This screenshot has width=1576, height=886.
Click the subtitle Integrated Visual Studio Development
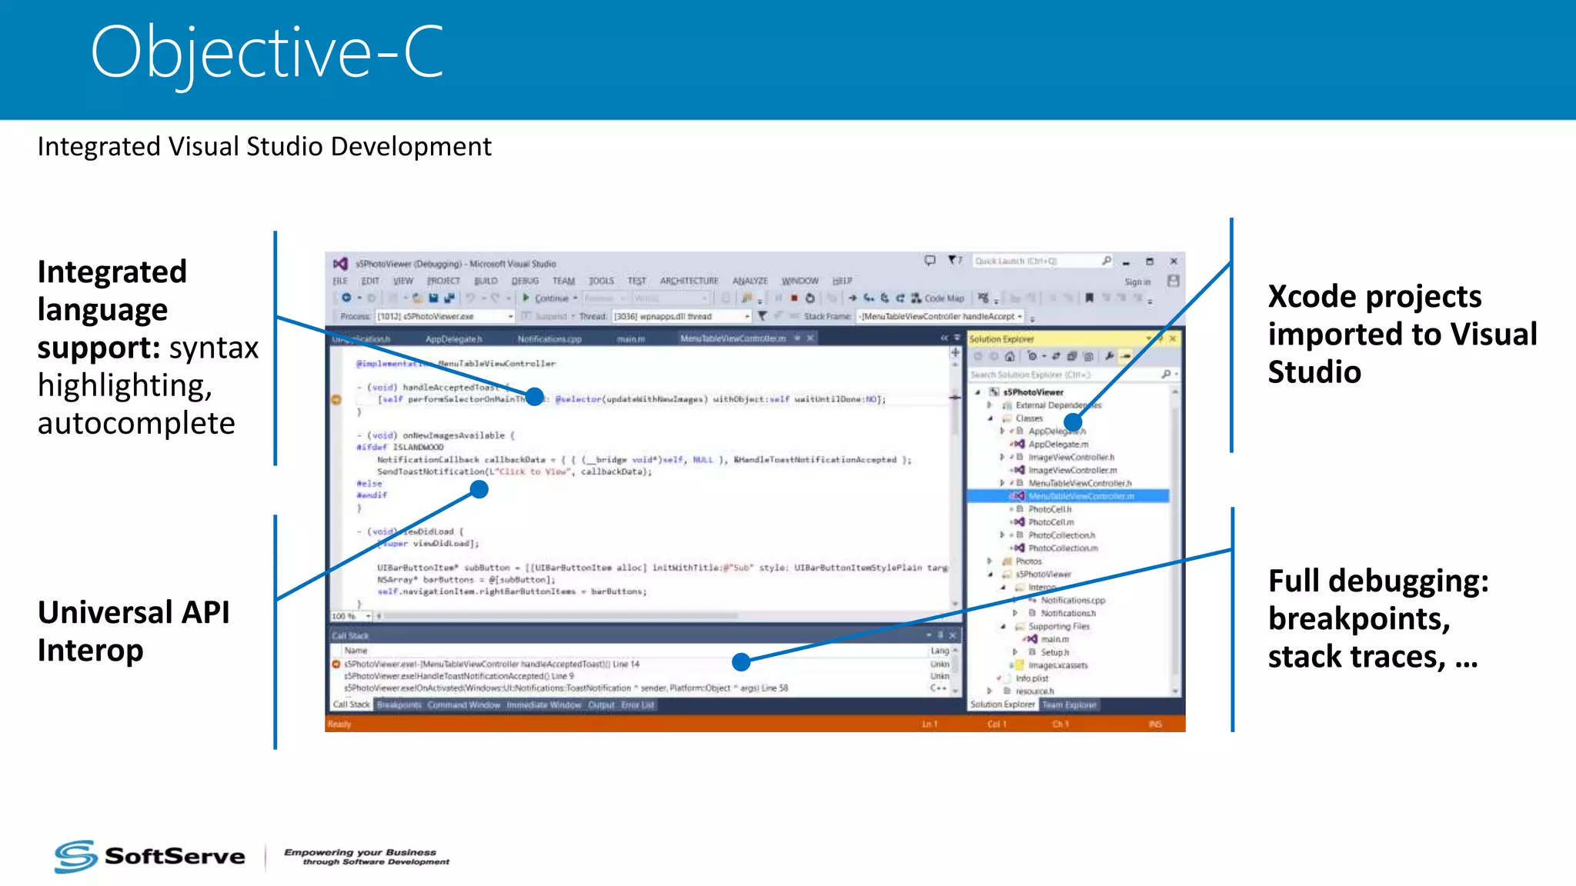[264, 146]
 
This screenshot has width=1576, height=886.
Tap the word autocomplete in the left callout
[136, 423]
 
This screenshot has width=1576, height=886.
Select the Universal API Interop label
[133, 631]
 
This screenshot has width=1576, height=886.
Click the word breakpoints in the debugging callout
[1358, 618]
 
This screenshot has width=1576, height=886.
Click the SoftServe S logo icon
[75, 856]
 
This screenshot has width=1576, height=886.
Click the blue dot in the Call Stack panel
[741, 661]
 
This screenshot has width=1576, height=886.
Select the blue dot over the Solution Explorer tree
[1073, 421]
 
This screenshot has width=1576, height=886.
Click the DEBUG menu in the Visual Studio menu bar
[525, 281]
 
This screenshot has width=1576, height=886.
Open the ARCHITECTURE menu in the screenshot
[689, 281]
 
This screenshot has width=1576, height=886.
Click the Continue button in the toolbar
[550, 298]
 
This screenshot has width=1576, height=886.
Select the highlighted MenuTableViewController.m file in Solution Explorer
[1080, 496]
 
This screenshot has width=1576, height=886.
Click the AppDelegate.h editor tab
[453, 339]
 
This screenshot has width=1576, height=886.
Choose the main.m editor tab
[630, 339]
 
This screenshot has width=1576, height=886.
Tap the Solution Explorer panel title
[1001, 339]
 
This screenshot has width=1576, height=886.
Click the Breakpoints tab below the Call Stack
[399, 704]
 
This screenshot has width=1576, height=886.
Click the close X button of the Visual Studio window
[1174, 261]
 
